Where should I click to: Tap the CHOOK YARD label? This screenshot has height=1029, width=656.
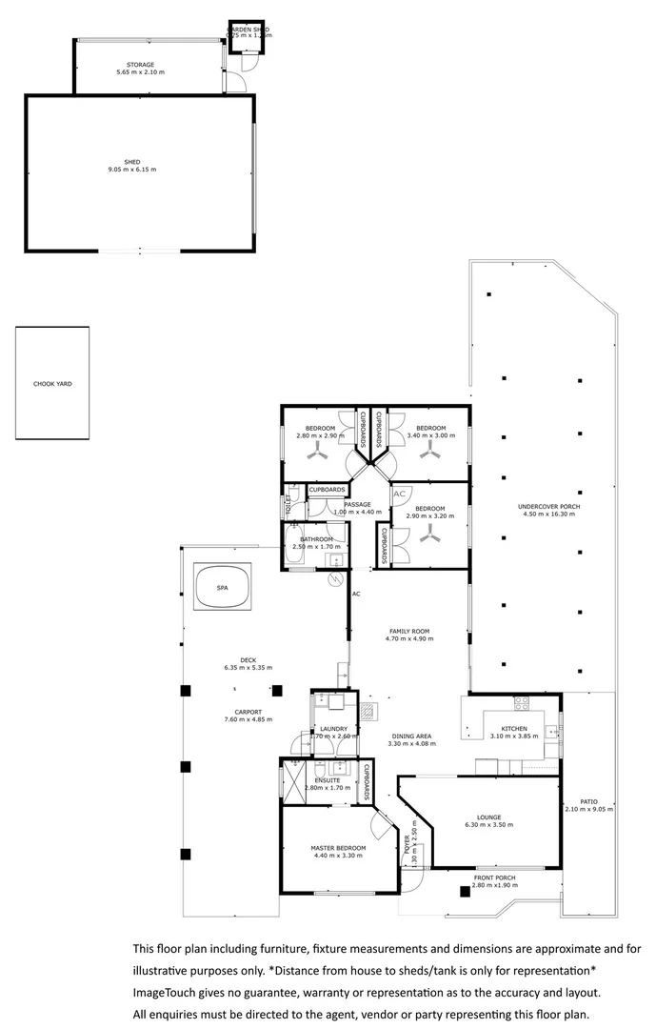52,384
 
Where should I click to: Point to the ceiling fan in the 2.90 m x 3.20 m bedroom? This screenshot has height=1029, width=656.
431,538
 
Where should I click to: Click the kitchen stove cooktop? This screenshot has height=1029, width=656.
521,704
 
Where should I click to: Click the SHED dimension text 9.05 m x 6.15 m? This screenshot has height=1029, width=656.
132,170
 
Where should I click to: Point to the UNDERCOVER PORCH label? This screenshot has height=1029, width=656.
548,506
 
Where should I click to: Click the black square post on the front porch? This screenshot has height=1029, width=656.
465,892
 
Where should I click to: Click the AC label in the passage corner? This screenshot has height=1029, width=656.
400,494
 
